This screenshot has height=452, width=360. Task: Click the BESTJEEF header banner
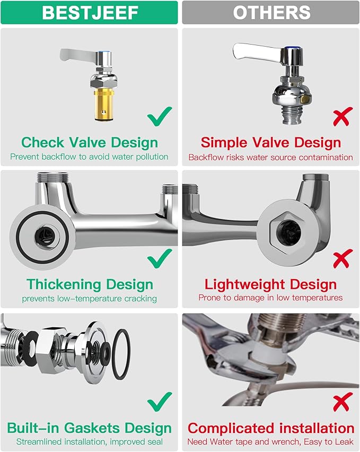pos(89,12)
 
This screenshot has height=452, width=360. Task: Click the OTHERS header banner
pos(271,12)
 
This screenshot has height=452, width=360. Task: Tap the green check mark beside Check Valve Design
pos(160,116)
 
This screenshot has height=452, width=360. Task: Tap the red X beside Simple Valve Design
pos(343,116)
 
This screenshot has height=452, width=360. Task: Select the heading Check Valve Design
pos(89,142)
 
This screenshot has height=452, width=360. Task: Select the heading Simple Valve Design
pos(271,142)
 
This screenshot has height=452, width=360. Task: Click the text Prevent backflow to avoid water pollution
pos(89,157)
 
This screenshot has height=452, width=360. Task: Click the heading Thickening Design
pos(90,284)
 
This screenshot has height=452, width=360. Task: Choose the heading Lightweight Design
pos(271,284)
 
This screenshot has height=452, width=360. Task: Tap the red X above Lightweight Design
pos(343,258)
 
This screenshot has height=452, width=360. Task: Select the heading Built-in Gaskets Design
pos(89,428)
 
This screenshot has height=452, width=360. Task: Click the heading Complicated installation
pos(271,428)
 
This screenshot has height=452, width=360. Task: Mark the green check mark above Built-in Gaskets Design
pos(160,402)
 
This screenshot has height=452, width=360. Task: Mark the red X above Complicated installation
pos(343,402)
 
